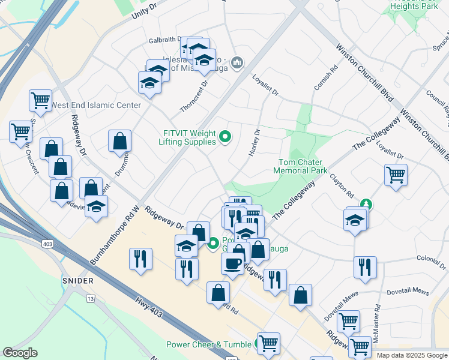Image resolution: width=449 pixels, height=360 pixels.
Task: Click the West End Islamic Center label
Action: click(96, 106)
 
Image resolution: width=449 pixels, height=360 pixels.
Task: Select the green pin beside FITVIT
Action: click(225, 137)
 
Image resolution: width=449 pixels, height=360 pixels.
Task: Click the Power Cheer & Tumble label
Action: click(209, 344)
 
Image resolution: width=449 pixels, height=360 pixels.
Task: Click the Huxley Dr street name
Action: click(254, 143)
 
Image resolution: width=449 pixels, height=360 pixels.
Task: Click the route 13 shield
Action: click(91, 298)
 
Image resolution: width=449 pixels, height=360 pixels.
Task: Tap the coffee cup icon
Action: click(232, 263)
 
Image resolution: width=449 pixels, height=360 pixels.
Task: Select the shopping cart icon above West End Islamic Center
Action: click(40, 100)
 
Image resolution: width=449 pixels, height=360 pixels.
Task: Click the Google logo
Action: click(20, 353)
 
